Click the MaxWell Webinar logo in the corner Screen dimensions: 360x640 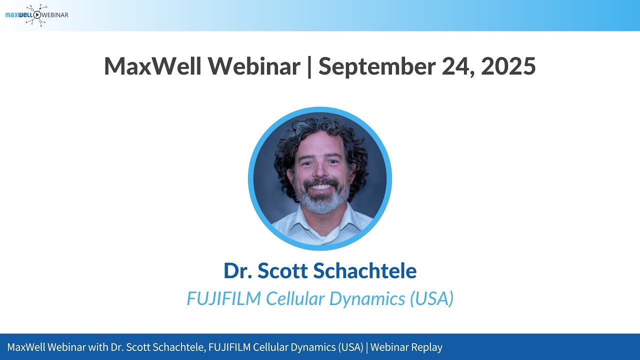(x=36, y=15)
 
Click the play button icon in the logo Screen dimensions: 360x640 (x=37, y=15)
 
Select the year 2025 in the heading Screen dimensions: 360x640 (x=508, y=66)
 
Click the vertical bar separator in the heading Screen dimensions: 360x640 (x=309, y=66)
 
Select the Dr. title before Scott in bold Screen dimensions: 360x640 (x=238, y=270)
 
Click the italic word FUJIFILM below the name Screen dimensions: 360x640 (x=223, y=298)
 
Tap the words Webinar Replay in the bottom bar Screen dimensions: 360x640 (x=406, y=347)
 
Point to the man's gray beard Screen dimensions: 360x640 (x=321, y=203)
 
